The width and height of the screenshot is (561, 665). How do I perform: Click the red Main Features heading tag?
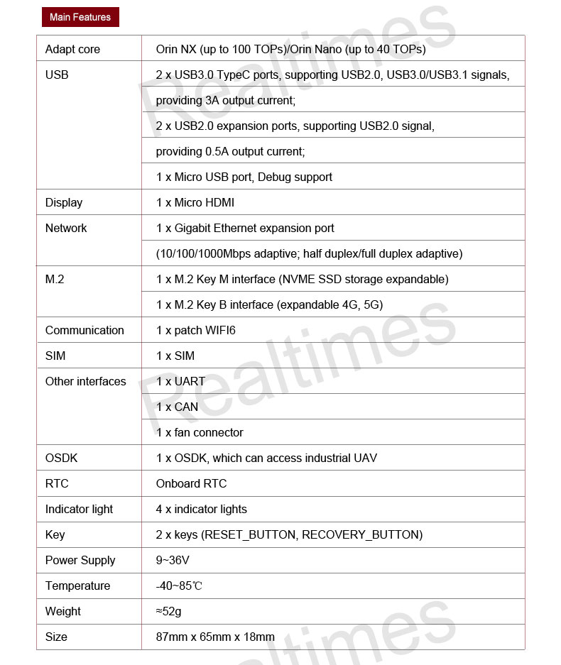point(80,17)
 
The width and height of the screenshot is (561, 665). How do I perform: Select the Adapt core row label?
point(72,49)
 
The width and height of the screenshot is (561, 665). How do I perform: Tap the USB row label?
point(57,75)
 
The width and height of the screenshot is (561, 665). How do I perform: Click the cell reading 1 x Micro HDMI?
point(195,202)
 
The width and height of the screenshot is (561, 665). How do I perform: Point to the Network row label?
point(66,228)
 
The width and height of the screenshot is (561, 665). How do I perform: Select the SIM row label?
point(55,356)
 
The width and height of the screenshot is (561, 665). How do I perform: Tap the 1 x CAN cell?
point(177,407)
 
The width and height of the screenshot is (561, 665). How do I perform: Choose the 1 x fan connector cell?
point(200,432)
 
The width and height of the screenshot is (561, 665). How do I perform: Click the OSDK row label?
point(61,458)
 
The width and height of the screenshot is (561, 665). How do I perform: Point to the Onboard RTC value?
point(191,483)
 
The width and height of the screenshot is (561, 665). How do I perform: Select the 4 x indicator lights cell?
point(202,509)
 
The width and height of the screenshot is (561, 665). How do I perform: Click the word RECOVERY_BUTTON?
point(361,534)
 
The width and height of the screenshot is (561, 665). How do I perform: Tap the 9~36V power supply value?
point(173,560)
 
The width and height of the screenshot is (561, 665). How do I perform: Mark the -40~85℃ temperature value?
point(180,586)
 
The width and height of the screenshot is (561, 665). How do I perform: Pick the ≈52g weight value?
point(168,611)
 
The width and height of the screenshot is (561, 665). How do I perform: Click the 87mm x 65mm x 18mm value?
point(215,637)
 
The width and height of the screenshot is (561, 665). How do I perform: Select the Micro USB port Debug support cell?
point(244,177)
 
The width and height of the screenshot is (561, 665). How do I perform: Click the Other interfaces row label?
point(85,381)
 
